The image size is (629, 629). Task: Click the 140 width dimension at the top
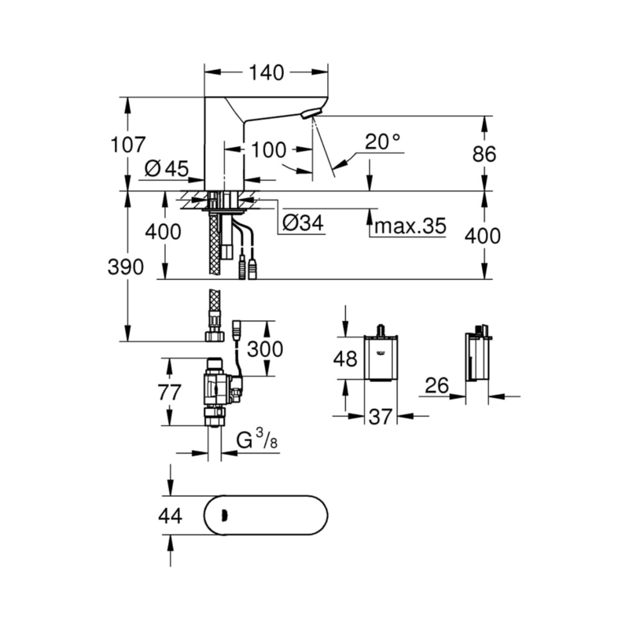pyautogui.click(x=267, y=72)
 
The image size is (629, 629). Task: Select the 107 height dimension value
pyautogui.click(x=128, y=145)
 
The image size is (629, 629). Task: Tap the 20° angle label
pyautogui.click(x=382, y=142)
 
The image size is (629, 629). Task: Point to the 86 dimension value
pyautogui.click(x=484, y=153)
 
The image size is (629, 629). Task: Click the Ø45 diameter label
pyautogui.click(x=167, y=168)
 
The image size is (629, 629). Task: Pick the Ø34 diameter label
pyautogui.click(x=303, y=223)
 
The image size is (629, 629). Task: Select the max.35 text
pyautogui.click(x=410, y=226)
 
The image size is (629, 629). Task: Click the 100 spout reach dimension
pyautogui.click(x=268, y=150)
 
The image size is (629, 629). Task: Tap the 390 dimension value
pyautogui.click(x=126, y=267)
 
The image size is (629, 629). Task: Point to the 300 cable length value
pyautogui.click(x=265, y=349)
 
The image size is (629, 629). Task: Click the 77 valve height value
pyautogui.click(x=170, y=392)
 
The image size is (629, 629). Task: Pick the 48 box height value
pyautogui.click(x=345, y=359)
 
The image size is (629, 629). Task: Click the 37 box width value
pyautogui.click(x=380, y=417)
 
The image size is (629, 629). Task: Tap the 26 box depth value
pyautogui.click(x=437, y=385)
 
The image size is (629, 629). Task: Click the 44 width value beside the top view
pyautogui.click(x=171, y=516)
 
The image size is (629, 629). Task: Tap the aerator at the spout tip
pyautogui.click(x=311, y=113)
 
